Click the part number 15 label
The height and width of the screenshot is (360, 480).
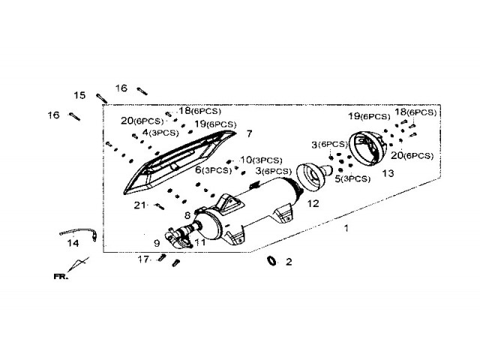[79, 95]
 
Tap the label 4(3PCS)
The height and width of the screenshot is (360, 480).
[156, 132]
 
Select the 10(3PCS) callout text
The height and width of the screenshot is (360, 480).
[261, 160]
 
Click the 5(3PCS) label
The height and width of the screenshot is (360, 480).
[352, 178]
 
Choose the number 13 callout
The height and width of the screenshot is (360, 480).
[388, 172]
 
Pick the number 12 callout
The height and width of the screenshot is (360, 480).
[312, 203]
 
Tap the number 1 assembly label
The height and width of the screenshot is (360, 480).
[346, 226]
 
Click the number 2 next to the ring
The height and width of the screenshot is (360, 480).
[289, 262]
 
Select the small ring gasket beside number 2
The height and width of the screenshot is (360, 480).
[272, 261]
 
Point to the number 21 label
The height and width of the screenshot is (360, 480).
[139, 205]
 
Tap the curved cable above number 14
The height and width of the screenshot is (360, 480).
[78, 232]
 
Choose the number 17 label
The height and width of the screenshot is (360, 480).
[142, 259]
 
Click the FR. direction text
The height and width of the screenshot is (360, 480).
[60, 277]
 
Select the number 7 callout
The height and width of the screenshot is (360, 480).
[249, 133]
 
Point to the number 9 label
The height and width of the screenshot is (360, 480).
[157, 243]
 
